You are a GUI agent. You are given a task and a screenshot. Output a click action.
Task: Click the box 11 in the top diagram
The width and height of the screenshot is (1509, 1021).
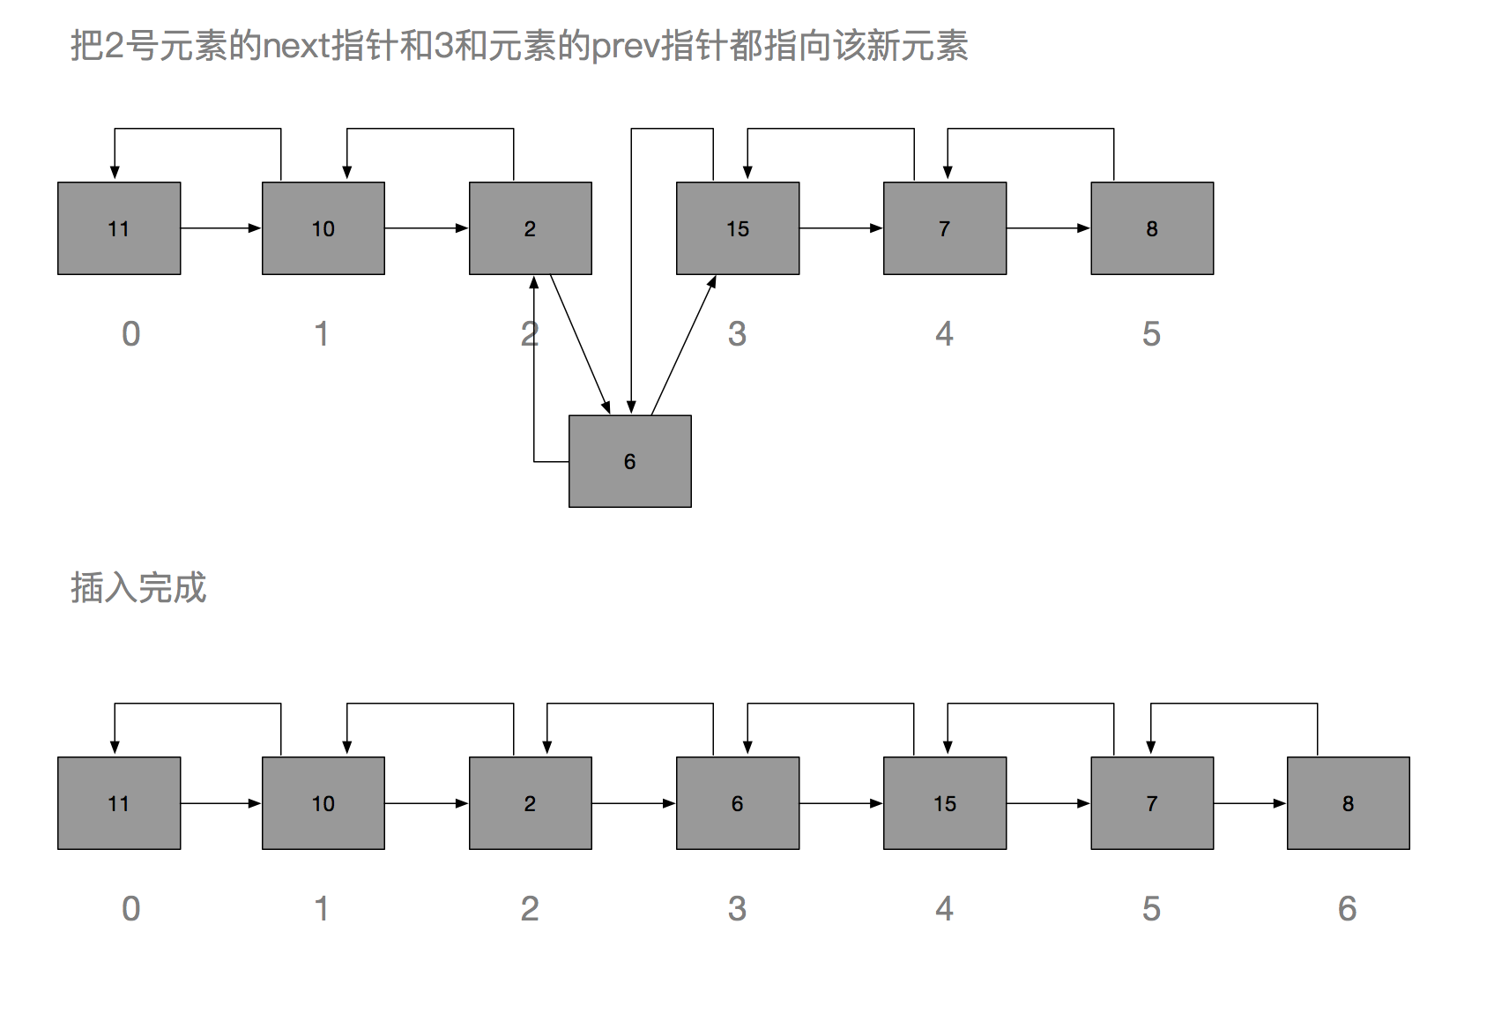(119, 228)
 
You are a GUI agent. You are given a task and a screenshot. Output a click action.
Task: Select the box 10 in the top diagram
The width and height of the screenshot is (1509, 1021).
(323, 228)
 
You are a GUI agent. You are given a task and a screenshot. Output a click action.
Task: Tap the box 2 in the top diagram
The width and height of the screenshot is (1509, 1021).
(530, 228)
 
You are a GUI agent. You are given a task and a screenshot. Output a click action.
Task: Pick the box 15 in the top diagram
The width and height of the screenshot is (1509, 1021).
(738, 228)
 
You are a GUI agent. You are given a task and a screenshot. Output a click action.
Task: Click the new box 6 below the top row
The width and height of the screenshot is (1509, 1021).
(629, 461)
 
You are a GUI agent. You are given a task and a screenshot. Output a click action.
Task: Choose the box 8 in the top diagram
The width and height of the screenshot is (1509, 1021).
(1152, 228)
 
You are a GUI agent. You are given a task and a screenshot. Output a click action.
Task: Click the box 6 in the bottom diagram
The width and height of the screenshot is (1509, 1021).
(738, 803)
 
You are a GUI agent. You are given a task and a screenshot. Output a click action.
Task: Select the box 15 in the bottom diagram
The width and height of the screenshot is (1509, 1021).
(945, 803)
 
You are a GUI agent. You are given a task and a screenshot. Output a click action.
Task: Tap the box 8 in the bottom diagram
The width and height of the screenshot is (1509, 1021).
(1348, 803)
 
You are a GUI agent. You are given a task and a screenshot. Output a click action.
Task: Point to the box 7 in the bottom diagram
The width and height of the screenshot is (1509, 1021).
(1152, 803)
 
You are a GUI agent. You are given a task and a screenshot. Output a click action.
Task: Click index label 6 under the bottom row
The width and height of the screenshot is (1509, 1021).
(1347, 909)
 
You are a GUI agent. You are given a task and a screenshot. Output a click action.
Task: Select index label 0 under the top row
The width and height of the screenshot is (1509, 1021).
(130, 334)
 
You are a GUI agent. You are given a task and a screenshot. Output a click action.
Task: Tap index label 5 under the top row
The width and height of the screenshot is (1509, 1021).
(1151, 334)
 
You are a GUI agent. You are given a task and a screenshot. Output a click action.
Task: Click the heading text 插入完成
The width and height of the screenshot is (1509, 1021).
(138, 588)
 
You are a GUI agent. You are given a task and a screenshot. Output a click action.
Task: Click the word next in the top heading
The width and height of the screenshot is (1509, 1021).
(297, 46)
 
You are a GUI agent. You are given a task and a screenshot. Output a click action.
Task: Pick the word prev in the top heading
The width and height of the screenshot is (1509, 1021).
(625, 46)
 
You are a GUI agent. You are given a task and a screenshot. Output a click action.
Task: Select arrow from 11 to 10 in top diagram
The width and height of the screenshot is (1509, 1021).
(220, 228)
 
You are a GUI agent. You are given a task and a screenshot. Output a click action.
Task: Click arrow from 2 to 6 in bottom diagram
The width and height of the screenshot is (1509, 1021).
(634, 803)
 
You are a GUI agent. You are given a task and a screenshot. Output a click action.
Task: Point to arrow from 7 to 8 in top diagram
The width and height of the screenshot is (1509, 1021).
(1048, 228)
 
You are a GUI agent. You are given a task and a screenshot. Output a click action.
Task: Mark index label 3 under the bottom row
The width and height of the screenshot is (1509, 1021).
(737, 909)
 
